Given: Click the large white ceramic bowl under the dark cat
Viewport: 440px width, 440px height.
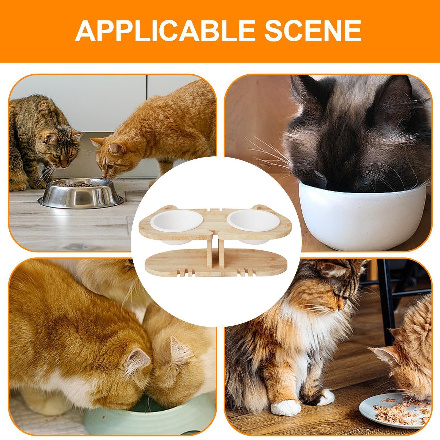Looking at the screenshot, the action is pos(361,214).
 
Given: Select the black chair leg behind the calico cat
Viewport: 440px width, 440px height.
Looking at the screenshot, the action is pos(386,302).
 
